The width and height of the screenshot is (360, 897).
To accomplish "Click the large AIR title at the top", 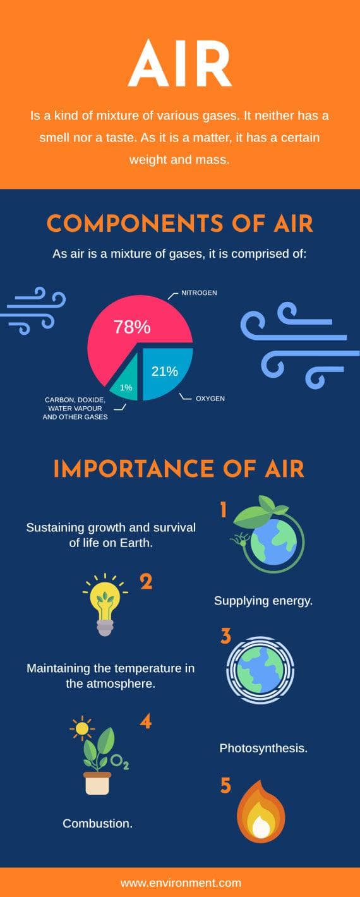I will tap(180, 64).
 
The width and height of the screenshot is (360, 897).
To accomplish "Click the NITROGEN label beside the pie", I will tap(199, 293).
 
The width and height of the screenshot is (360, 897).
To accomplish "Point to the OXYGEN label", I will tap(210, 399).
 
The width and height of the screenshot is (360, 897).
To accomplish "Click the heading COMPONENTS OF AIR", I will tap(180, 224).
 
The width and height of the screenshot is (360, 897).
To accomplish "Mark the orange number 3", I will tap(225, 636).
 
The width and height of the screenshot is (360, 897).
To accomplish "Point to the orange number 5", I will tap(225, 786).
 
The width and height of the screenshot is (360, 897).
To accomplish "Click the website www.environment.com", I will tap(181, 883).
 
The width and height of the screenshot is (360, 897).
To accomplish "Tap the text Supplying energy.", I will tap(263, 601).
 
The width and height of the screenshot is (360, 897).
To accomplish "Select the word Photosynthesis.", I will tap(263, 749).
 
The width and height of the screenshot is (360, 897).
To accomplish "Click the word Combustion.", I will tap(98, 824).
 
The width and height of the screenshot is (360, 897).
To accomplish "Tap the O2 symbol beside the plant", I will tap(120, 762).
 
